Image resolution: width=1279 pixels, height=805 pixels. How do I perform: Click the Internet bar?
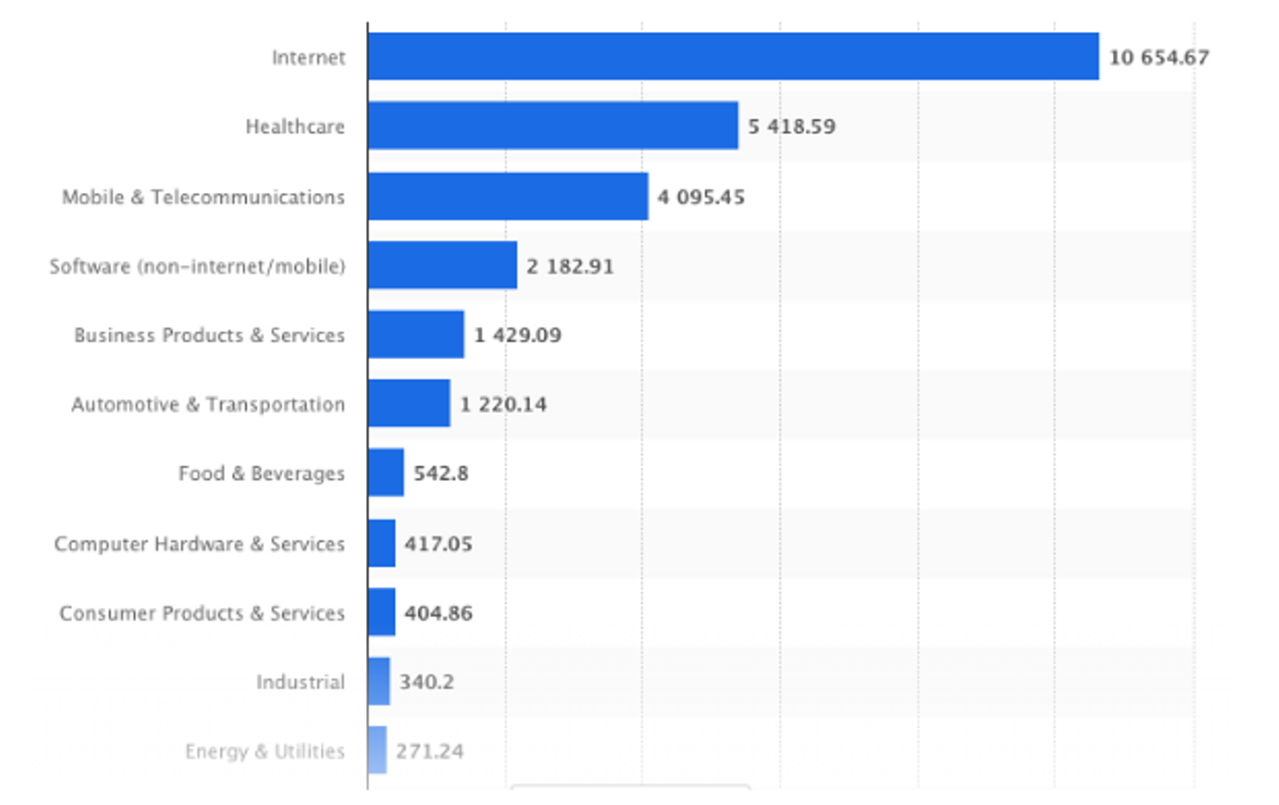coord(734,57)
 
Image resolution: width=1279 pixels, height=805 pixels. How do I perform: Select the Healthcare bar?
coord(553,125)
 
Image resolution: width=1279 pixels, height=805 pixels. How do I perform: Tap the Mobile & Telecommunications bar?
coord(509,196)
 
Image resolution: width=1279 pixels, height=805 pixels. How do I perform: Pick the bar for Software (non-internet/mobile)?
coord(443,265)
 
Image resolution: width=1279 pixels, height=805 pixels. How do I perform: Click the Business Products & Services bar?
coord(417,334)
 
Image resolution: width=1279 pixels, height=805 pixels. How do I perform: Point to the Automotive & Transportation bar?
coord(409,402)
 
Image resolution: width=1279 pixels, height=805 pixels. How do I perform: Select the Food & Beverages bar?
coord(386,473)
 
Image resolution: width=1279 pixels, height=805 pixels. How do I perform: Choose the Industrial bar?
coord(379,681)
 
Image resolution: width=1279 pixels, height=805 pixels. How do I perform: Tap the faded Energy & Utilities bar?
coord(377,750)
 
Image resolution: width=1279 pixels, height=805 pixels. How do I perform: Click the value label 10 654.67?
coord(1159,58)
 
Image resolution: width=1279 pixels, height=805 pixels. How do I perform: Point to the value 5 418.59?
coord(792,126)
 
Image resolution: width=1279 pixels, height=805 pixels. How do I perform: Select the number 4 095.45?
coord(701,197)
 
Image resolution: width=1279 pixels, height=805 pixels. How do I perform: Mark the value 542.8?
coord(441,473)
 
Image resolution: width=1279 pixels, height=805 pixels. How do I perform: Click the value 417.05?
coord(439,544)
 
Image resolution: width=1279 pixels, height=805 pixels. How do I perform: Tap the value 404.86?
coord(439,613)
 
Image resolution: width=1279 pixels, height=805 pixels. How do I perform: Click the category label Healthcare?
coord(295,126)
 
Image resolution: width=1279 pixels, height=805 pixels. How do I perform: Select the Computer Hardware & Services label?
coord(200,544)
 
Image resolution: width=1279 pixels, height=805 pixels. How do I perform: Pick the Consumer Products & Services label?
coord(203,613)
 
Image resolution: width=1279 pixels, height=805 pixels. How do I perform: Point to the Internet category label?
coord(309,57)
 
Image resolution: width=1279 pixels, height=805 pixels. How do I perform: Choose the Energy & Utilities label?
coord(265,752)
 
